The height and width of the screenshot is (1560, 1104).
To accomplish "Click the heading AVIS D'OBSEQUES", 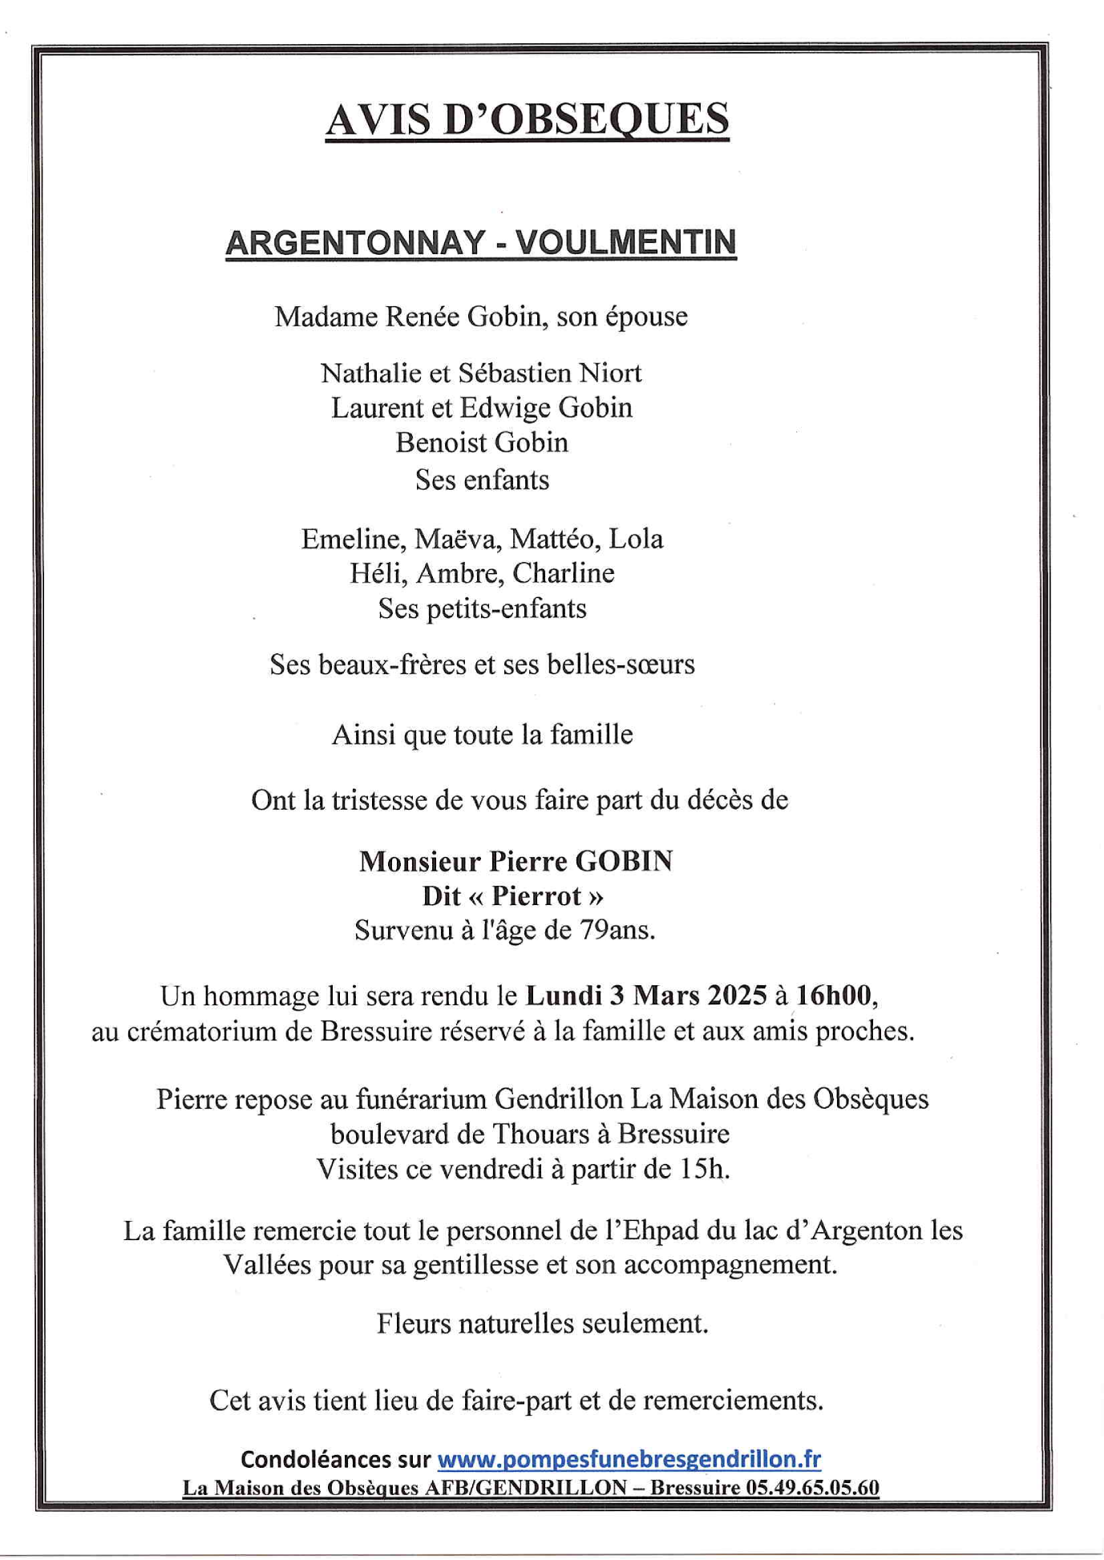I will [527, 119].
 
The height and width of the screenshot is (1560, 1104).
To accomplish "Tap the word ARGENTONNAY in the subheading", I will [355, 243].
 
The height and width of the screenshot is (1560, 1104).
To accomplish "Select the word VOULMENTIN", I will [625, 243].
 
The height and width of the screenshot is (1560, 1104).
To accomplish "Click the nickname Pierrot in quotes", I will [536, 895].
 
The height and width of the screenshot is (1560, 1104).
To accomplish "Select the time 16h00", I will [834, 996].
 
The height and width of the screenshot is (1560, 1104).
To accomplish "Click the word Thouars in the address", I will [541, 1134].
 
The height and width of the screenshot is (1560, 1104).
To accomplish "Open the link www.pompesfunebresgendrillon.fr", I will [629, 1459].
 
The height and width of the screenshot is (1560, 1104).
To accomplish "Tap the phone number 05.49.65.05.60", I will [812, 1488].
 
